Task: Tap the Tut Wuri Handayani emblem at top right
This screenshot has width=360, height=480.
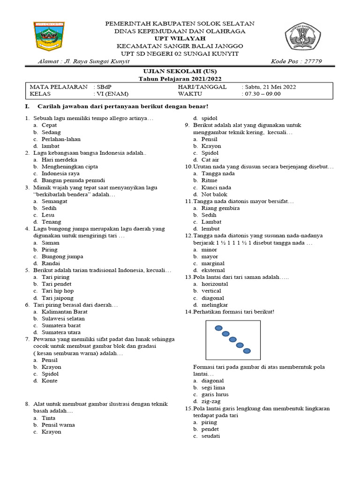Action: [x=302, y=38]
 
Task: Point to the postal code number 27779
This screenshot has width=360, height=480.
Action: [x=310, y=61]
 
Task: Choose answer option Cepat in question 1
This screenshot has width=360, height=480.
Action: [x=49, y=126]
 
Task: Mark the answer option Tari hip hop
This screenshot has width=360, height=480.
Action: [x=58, y=291]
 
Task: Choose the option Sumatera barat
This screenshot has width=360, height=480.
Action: [x=61, y=325]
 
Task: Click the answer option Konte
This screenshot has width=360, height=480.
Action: [x=49, y=381]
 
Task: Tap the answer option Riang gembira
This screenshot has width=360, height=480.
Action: [x=220, y=208]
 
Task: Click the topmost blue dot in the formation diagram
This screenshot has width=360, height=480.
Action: [x=218, y=328]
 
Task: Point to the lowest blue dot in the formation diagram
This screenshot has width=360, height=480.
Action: [x=247, y=351]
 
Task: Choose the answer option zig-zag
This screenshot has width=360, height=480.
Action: [x=212, y=401]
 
